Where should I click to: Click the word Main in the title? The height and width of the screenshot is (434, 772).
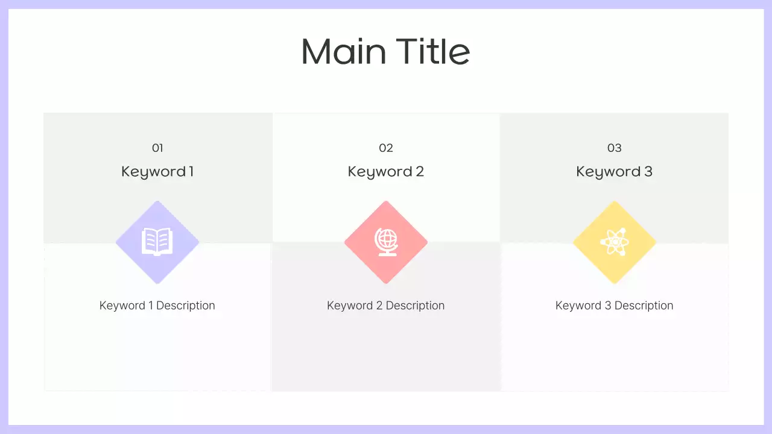344,52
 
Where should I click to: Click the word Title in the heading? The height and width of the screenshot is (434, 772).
434,52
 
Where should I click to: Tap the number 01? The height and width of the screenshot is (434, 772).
157,148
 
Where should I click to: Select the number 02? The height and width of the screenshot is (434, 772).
386,148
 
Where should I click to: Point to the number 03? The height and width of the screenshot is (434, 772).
614,148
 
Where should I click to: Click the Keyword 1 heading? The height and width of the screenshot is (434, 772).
157,172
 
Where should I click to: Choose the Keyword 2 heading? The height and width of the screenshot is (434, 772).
386,172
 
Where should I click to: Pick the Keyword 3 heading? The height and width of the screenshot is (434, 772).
614,172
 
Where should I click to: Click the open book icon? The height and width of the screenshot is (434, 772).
157,242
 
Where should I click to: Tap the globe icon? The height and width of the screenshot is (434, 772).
386,242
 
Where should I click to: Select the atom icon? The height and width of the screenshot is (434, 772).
614,242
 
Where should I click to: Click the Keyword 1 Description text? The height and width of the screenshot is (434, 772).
157,306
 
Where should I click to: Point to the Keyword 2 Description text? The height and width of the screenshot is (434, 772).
386,306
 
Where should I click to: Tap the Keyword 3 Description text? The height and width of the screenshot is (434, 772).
614,306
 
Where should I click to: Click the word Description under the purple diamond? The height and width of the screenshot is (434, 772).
186,306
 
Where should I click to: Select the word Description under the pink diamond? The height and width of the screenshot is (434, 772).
415,306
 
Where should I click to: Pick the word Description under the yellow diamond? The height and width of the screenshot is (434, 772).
644,306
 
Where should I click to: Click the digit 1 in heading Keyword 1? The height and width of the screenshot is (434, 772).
191,172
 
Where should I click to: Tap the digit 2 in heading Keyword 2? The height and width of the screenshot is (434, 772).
420,172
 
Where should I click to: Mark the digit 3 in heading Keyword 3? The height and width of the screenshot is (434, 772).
648,172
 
